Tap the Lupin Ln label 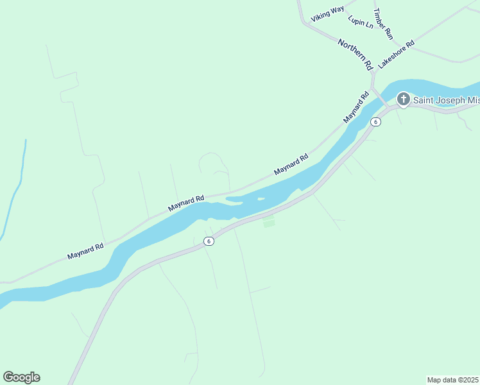[360, 21]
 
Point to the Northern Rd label [356, 53]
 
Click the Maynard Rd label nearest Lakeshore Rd [357, 108]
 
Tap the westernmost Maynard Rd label [85, 251]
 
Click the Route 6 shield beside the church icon [376, 122]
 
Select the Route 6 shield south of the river [208, 241]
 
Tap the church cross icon [403, 99]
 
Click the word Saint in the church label [424, 99]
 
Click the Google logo [21, 377]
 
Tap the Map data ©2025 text [453, 380]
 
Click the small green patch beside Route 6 [269, 223]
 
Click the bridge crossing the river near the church [381, 98]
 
